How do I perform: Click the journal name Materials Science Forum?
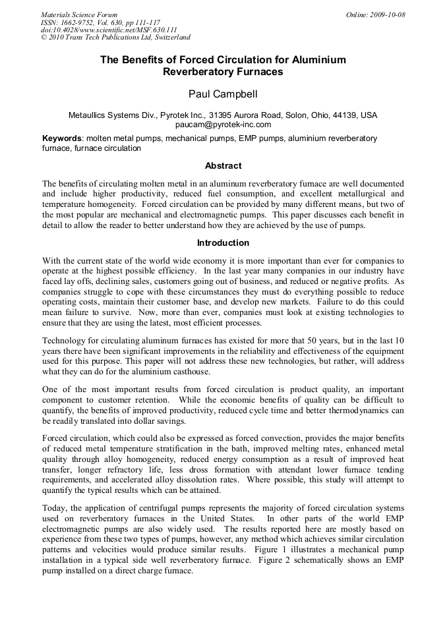(x=79, y=14)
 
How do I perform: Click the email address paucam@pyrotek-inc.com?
(x=223, y=124)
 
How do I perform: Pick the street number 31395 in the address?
(x=227, y=115)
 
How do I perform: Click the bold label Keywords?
(x=62, y=139)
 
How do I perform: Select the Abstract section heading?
(x=223, y=165)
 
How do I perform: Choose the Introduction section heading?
(x=223, y=243)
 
